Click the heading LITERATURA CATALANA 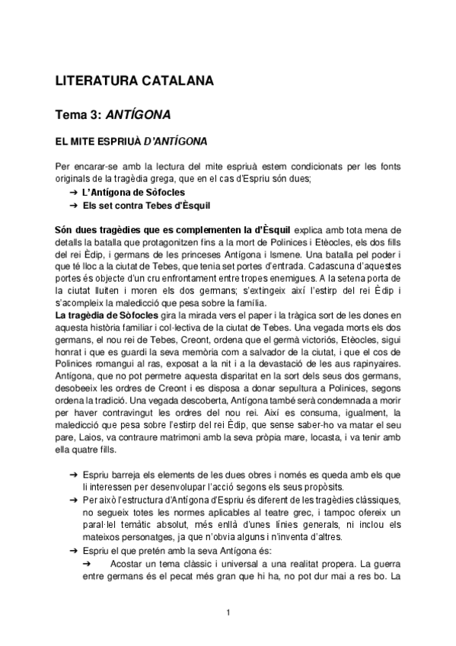135,81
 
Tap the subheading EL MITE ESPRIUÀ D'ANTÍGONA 132,142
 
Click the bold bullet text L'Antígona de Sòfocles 133,192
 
